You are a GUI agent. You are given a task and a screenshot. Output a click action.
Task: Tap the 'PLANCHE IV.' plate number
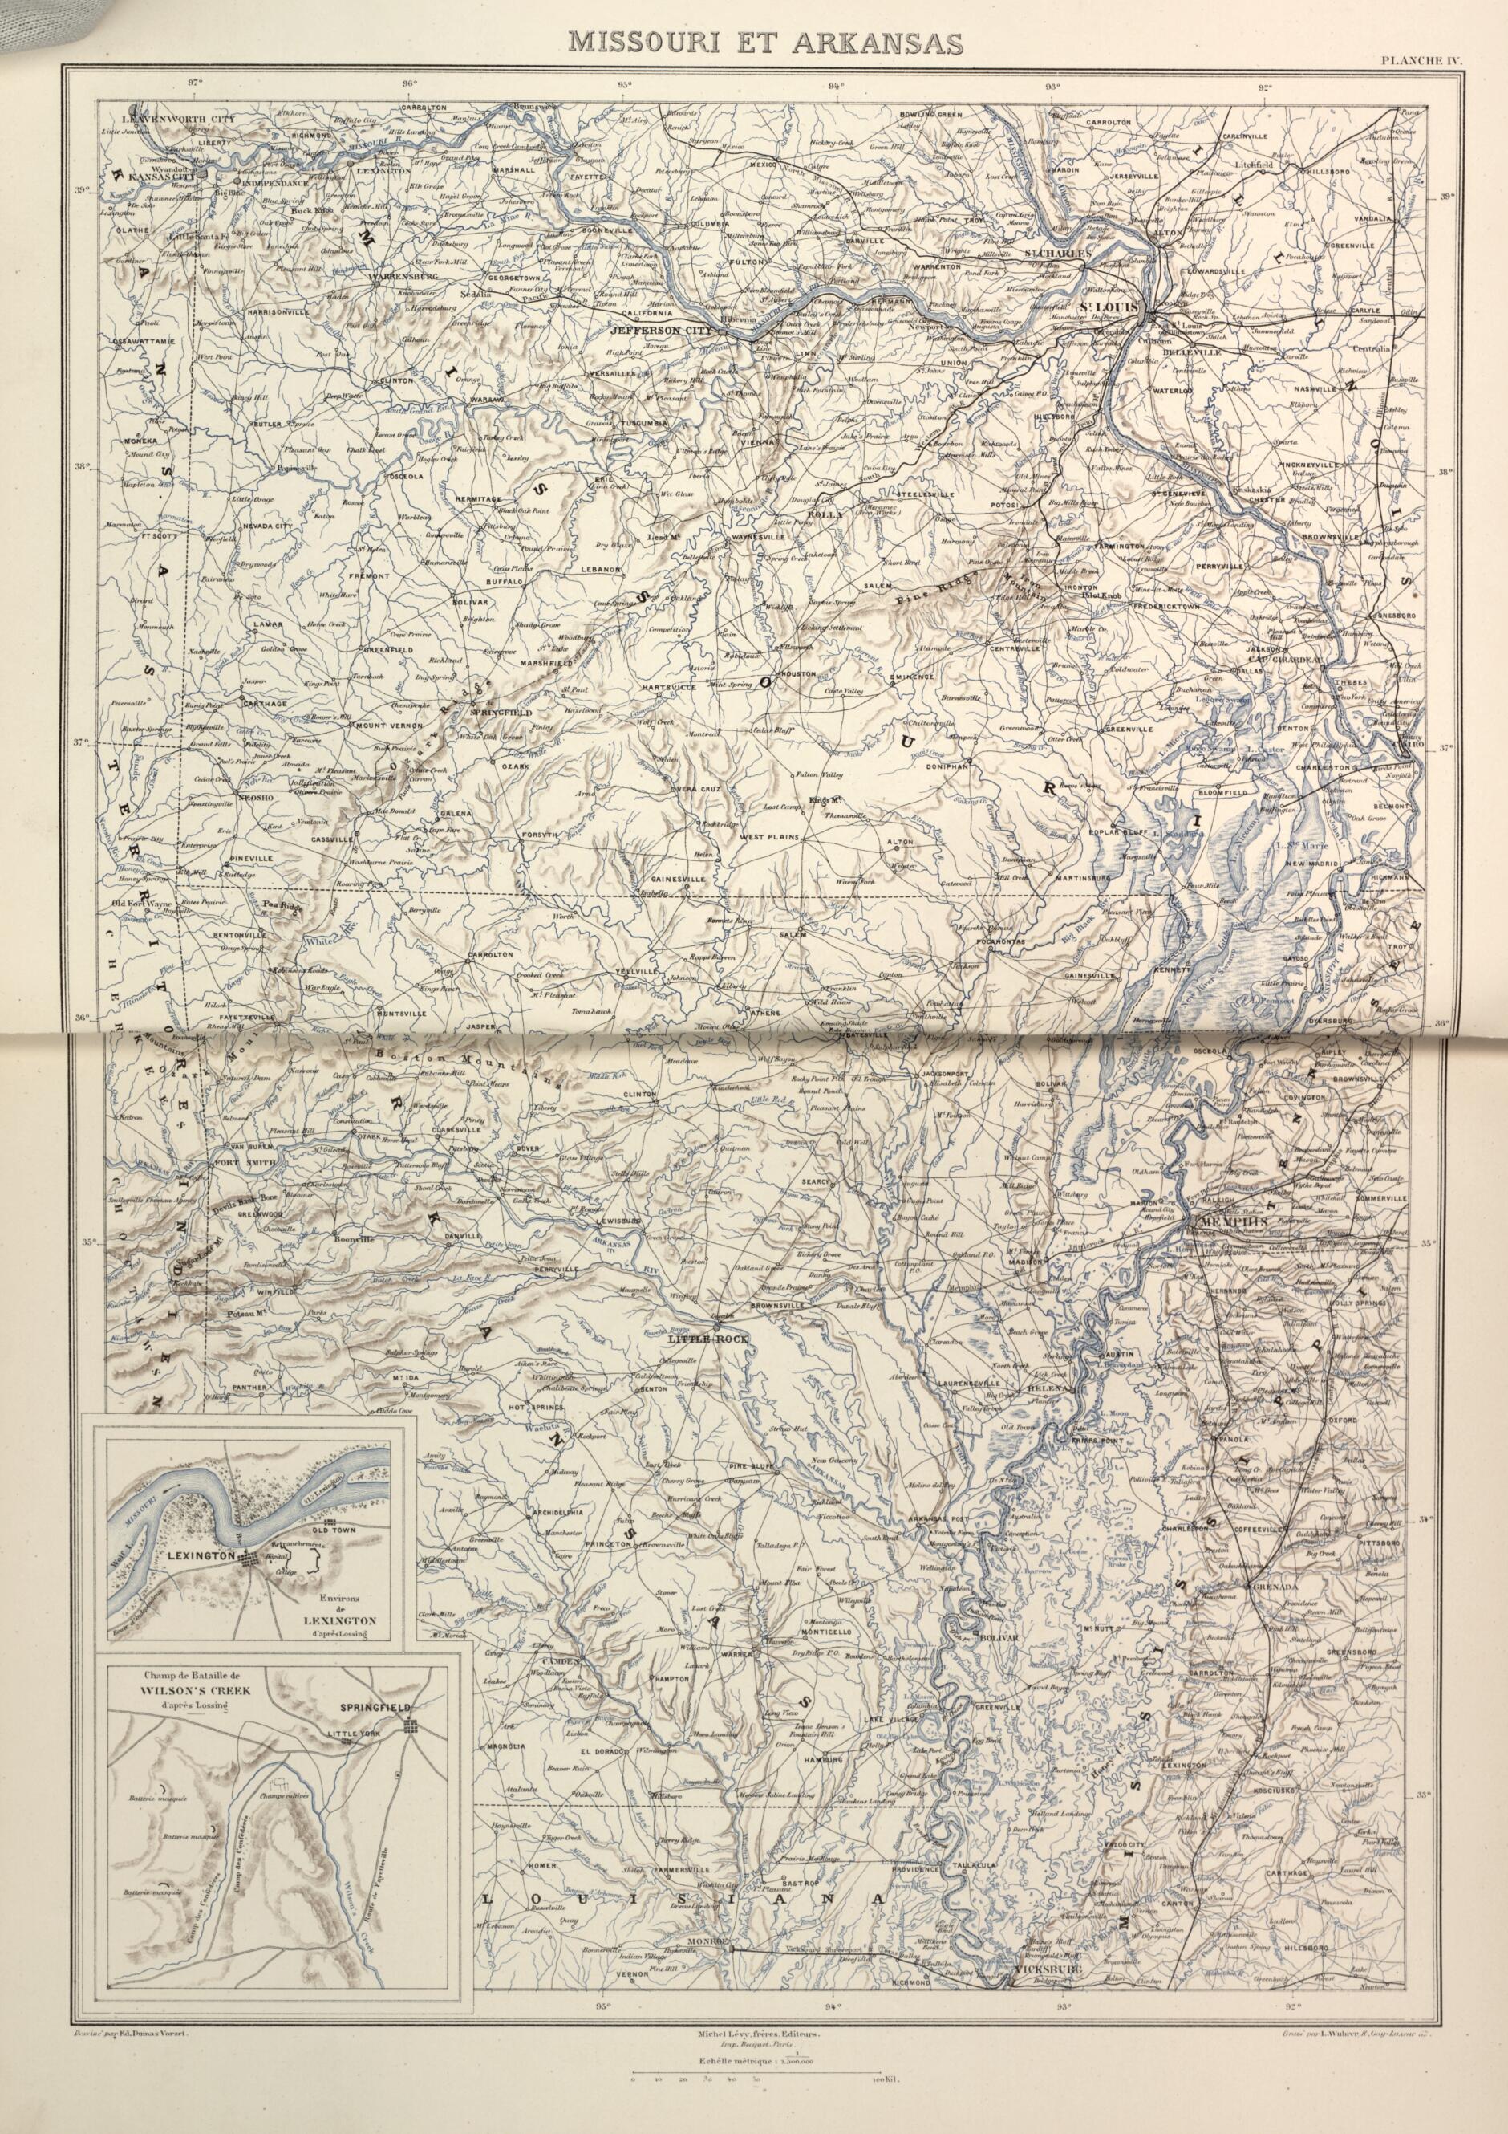(x=1421, y=61)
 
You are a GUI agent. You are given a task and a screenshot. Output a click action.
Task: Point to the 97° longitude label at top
(x=194, y=82)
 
